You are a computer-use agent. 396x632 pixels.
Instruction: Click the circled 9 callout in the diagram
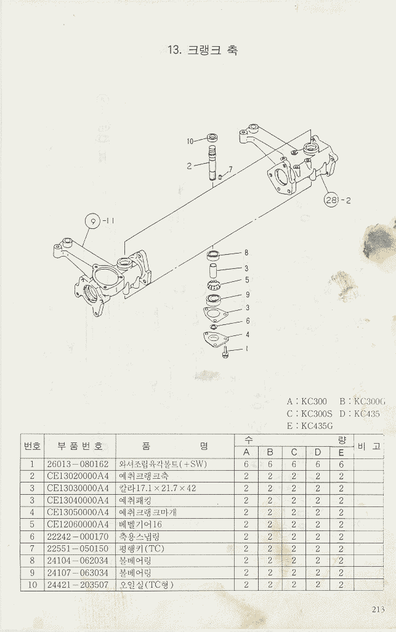click(x=92, y=221)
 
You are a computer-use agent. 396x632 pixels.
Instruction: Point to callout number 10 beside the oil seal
click(x=190, y=141)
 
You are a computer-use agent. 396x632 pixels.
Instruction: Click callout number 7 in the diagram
click(x=230, y=169)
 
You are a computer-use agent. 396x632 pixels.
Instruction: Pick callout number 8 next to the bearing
click(x=246, y=252)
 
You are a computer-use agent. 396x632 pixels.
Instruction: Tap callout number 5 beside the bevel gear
click(x=246, y=280)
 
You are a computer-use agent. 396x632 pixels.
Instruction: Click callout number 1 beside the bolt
click(x=246, y=348)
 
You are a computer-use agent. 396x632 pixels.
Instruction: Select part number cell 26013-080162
click(x=78, y=464)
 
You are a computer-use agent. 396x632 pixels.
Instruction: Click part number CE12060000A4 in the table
click(x=78, y=524)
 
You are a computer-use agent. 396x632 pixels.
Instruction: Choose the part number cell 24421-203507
click(x=78, y=584)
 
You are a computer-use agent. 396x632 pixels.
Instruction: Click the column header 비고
click(x=368, y=446)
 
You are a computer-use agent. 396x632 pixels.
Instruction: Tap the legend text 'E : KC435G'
click(x=309, y=425)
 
